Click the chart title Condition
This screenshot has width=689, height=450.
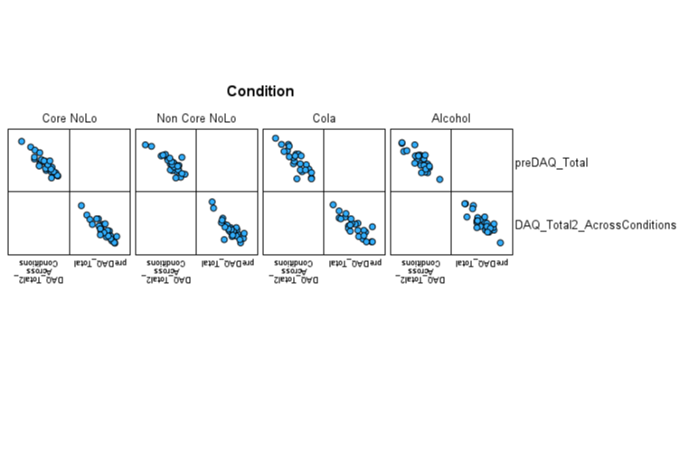[260, 91]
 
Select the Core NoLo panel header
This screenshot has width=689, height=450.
[70, 118]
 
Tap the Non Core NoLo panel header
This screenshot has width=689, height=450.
[196, 118]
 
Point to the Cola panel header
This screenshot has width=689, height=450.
[324, 118]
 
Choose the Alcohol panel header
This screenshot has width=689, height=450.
[450, 118]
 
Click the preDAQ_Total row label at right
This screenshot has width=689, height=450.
[552, 163]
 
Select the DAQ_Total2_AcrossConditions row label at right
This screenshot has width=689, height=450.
[595, 225]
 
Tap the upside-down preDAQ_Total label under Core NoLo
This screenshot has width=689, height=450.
[101, 262]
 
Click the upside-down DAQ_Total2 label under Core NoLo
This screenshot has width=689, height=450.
[39, 270]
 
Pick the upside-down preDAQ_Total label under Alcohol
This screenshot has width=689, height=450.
[483, 262]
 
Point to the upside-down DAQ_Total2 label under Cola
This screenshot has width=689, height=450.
[294, 270]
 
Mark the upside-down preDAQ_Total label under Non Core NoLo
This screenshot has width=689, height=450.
[229, 262]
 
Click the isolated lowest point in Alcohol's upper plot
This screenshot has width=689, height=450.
[440, 179]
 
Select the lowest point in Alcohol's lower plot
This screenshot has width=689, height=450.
[500, 242]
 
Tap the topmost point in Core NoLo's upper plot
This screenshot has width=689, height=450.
[22, 141]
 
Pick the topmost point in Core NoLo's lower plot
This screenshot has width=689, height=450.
[81, 206]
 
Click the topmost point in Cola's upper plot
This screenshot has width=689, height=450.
[276, 138]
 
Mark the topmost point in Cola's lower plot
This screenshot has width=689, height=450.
[333, 204]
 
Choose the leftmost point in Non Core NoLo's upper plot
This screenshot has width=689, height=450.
[145, 145]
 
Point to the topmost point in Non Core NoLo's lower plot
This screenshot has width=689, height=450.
[212, 202]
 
